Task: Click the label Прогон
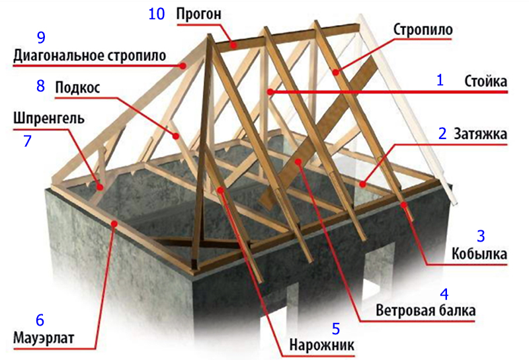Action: [199, 15]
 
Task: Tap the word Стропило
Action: [423, 30]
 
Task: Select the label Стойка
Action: [486, 81]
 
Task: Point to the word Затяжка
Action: [481, 134]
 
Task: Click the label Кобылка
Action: [479, 253]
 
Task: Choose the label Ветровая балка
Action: [425, 310]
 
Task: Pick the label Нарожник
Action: [322, 345]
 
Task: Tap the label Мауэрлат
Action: [44, 338]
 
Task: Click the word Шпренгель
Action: [49, 119]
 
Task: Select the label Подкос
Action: [77, 88]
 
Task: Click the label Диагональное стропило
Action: [89, 56]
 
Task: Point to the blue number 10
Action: [157, 14]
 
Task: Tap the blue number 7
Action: [27, 141]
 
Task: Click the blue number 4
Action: [444, 294]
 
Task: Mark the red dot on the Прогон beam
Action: [233, 44]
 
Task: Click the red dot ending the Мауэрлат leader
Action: [114, 223]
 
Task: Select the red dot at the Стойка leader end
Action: [269, 91]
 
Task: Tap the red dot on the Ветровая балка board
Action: [298, 161]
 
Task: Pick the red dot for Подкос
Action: [175, 136]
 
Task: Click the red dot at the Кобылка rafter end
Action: [403, 204]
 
